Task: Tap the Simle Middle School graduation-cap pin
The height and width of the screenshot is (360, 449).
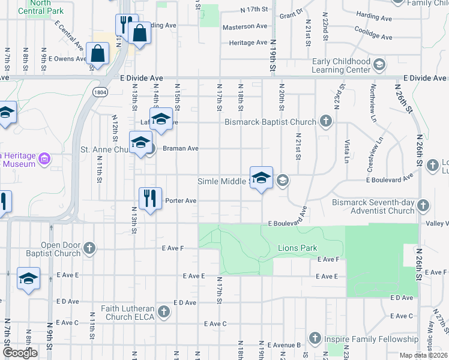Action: click(261, 178)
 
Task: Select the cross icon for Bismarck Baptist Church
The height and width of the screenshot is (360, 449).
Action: click(326, 122)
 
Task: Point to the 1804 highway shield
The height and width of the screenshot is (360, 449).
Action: click(100, 92)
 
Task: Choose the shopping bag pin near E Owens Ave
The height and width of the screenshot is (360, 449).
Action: click(97, 53)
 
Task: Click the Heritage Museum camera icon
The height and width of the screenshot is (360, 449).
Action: click(43, 159)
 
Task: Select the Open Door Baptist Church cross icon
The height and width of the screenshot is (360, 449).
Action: click(89, 248)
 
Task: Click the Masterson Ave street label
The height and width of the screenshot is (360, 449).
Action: click(244, 26)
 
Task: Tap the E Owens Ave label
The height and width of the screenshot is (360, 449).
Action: click(68, 59)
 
